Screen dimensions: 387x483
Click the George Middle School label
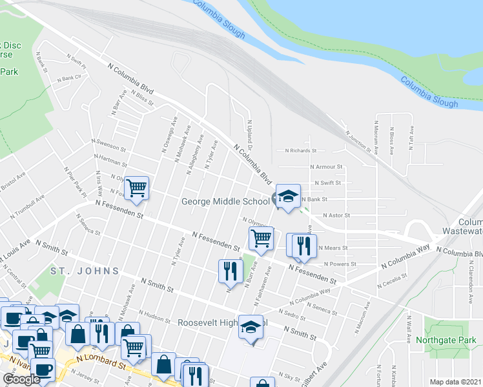pyautogui.click(x=225, y=201)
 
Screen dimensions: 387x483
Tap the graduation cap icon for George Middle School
pyautogui.click(x=288, y=197)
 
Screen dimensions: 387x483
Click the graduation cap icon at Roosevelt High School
pyautogui.click(x=252, y=326)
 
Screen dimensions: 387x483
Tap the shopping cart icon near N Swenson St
pyautogui.click(x=137, y=188)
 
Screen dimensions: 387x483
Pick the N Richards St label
pyautogui.click(x=301, y=151)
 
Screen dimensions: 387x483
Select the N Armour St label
pyautogui.click(x=326, y=166)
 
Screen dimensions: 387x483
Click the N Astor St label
pyautogui.click(x=335, y=215)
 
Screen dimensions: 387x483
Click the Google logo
pyautogui.click(x=21, y=380)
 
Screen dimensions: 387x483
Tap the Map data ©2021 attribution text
pyautogui.click(x=456, y=382)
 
